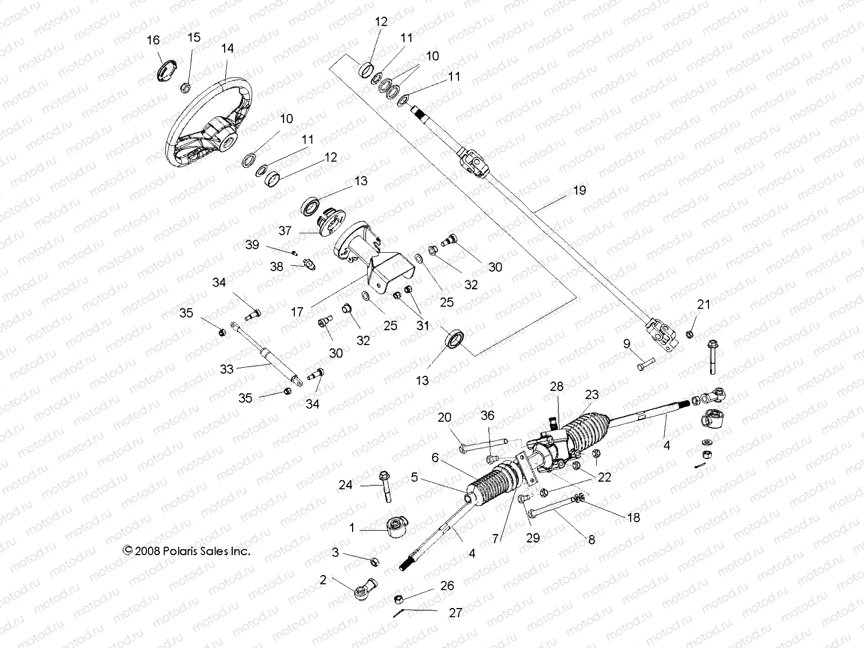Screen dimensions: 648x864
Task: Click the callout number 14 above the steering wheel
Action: tap(227, 48)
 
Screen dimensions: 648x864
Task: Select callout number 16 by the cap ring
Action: tap(153, 40)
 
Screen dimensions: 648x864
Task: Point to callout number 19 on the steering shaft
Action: tap(579, 190)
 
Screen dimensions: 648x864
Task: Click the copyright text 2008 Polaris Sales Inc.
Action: tap(187, 551)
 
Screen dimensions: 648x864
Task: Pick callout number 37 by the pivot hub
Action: tap(285, 231)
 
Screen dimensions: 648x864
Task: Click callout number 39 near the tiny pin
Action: tap(252, 245)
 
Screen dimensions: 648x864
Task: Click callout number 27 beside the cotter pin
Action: tap(456, 613)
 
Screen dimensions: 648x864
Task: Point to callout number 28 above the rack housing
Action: tap(557, 386)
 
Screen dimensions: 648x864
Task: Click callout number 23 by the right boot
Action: tap(592, 395)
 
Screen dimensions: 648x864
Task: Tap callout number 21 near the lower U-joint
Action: tap(704, 305)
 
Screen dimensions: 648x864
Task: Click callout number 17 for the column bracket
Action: tap(297, 312)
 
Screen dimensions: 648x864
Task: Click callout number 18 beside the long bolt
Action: tap(633, 517)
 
